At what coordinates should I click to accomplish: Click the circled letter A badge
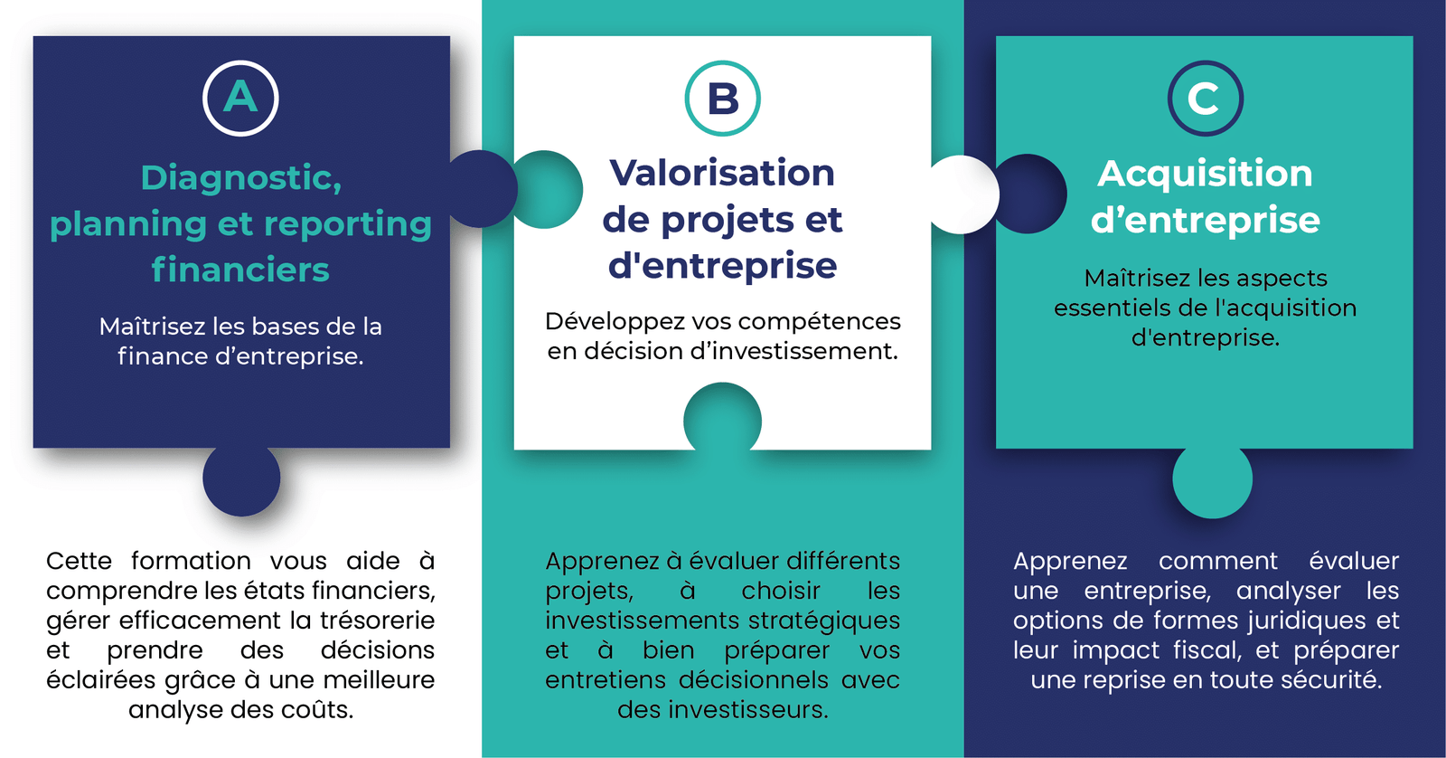click(240, 99)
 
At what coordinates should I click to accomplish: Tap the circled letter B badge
click(722, 99)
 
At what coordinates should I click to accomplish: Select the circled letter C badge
click(1206, 99)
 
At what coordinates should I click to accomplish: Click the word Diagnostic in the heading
click(240, 178)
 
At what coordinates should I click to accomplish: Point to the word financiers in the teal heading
click(240, 269)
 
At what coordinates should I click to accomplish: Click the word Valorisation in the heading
click(722, 173)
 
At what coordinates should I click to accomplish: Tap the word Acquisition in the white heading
click(1206, 175)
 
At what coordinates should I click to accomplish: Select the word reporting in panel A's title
click(348, 225)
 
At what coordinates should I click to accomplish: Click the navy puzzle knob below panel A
click(241, 480)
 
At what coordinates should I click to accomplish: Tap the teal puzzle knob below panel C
click(1212, 481)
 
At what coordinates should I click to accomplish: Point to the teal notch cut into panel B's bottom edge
click(722, 417)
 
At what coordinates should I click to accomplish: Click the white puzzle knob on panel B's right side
click(964, 194)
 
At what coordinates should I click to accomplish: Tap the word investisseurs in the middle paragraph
click(748, 710)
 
